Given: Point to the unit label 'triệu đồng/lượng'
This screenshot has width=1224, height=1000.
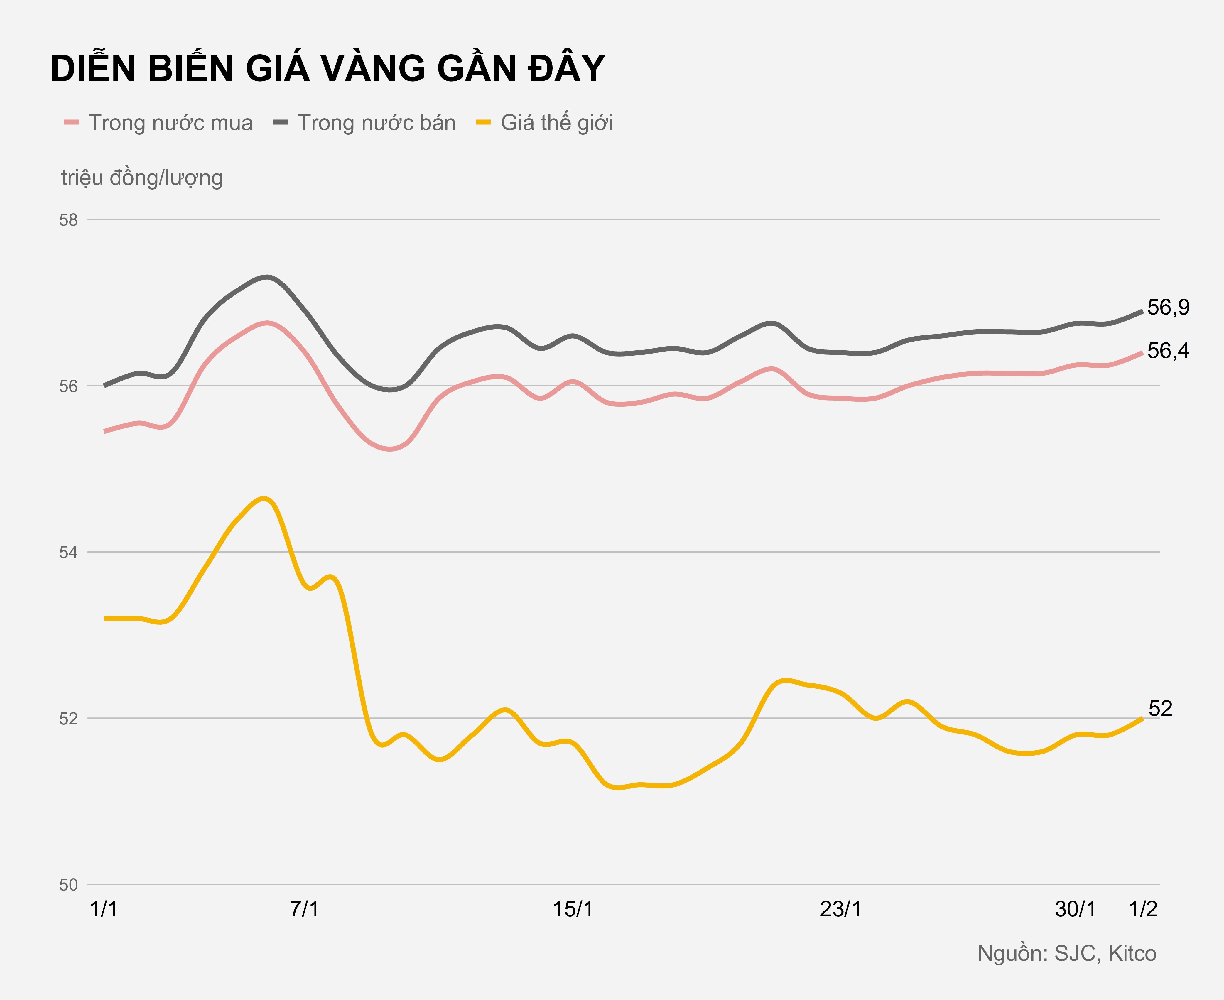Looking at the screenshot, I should (142, 178).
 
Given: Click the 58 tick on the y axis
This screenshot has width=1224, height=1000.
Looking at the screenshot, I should (69, 220).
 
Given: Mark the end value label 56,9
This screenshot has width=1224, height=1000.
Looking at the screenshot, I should (1168, 308).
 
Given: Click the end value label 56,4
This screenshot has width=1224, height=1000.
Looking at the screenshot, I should (1168, 351).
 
